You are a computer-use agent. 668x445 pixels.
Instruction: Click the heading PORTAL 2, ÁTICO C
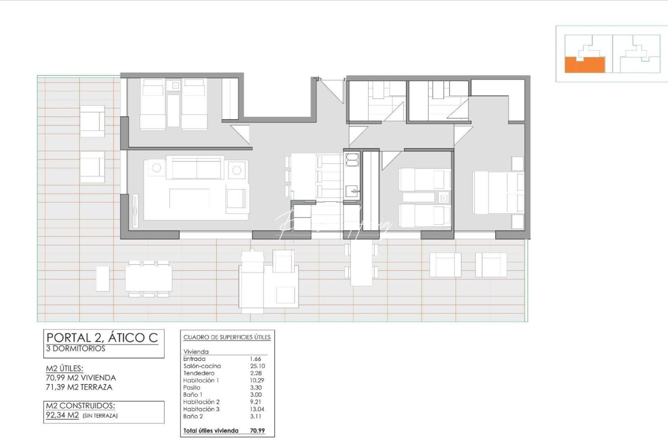(102, 338)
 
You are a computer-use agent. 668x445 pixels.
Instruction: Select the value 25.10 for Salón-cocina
(257, 366)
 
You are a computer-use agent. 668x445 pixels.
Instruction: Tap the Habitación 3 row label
(201, 409)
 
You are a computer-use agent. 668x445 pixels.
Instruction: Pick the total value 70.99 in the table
(257, 431)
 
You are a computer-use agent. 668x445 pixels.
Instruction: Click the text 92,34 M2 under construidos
(62, 415)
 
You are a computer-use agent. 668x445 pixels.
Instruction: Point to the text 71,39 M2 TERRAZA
(79, 387)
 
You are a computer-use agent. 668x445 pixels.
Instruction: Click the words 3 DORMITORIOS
(75, 349)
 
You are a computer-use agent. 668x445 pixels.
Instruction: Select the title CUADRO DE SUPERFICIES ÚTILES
(227, 337)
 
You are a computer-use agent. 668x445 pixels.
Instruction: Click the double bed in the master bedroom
(498, 192)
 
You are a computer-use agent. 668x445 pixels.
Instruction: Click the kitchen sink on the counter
(352, 191)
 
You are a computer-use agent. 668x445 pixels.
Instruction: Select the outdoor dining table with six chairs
(148, 278)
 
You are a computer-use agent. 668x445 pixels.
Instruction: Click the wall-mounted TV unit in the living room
(135, 211)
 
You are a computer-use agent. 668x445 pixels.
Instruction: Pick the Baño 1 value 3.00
(256, 395)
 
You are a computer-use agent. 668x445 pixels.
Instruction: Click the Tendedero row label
(199, 373)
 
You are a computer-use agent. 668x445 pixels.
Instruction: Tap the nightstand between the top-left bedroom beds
(176, 85)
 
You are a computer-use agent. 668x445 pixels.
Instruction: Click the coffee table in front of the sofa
(189, 198)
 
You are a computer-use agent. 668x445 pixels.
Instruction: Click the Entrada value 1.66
(256, 359)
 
